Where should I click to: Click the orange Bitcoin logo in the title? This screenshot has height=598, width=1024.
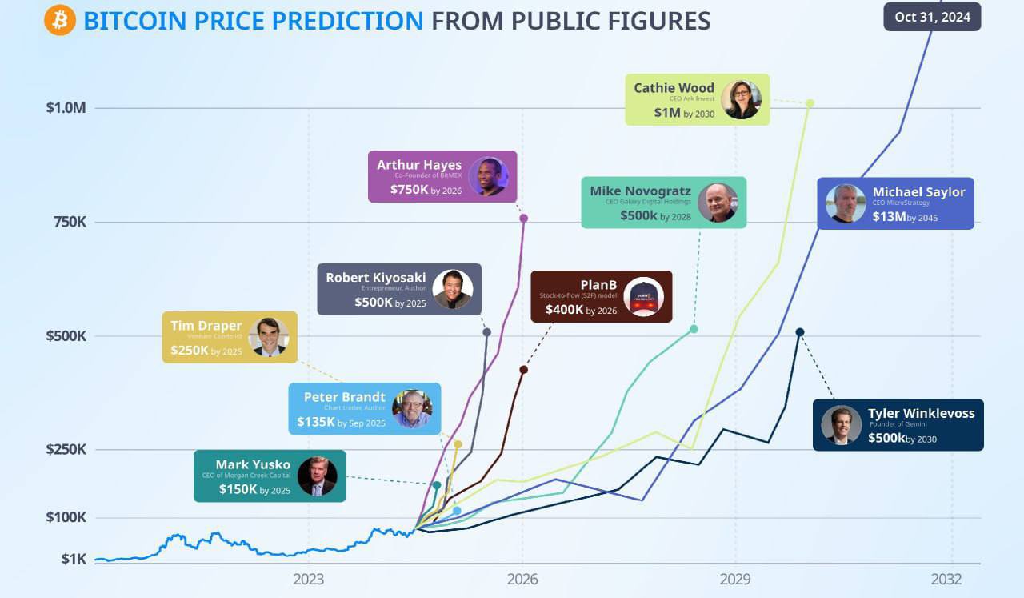[x=60, y=19]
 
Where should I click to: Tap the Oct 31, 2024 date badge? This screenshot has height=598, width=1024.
[x=932, y=17]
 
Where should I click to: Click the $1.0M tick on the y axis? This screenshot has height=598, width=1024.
[x=66, y=108]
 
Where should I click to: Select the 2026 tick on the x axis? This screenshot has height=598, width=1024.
[x=522, y=579]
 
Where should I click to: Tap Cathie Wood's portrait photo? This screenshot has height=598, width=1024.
[x=741, y=100]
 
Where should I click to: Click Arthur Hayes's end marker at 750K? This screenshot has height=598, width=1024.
[x=524, y=218]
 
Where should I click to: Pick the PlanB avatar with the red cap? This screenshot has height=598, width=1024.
[x=643, y=297]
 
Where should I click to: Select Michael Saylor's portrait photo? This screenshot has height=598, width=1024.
[x=846, y=203]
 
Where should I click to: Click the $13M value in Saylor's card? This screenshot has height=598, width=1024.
[x=890, y=216]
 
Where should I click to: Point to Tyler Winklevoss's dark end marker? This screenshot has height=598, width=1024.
[x=799, y=332]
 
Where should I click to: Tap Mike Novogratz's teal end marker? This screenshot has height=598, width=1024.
[x=694, y=329]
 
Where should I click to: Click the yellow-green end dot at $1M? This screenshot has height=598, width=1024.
[x=810, y=103]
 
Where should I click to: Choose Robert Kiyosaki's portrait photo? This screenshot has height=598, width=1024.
[x=453, y=289]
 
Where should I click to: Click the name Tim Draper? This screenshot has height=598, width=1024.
[x=206, y=326]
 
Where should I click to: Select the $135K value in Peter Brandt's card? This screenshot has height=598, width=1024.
[x=316, y=421]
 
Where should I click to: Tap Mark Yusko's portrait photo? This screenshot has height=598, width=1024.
[x=318, y=476]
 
